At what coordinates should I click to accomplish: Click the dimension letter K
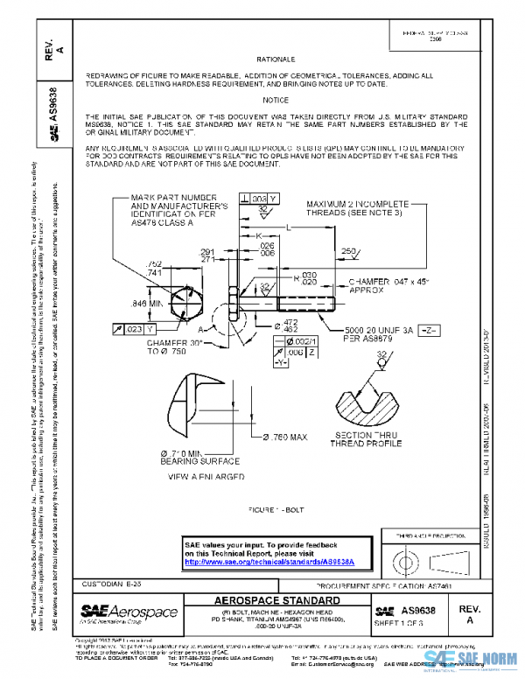pos(259,236)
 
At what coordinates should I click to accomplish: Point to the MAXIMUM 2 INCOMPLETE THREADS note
pos(353,208)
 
